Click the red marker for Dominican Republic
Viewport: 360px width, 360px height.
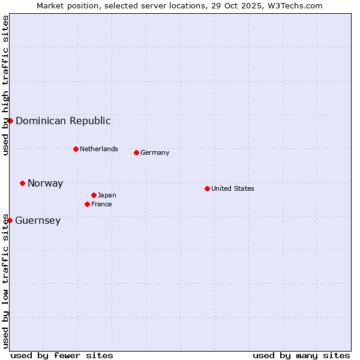(10, 121)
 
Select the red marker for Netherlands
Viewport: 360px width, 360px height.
(76, 149)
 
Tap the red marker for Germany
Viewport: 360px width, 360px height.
(136, 152)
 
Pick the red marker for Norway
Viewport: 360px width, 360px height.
(22, 183)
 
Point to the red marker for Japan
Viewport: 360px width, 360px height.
(94, 195)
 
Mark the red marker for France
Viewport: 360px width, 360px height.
(87, 204)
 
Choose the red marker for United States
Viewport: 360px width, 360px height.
(207, 188)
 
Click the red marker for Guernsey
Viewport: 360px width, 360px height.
(10, 220)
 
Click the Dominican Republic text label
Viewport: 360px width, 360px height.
(63, 121)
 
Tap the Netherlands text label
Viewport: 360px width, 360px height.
(98, 149)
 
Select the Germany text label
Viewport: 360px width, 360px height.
(155, 152)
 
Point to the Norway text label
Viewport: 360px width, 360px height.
(45, 184)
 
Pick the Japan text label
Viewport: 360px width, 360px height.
(107, 195)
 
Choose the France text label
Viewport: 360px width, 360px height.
(101, 204)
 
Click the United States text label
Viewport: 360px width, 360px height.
(232, 188)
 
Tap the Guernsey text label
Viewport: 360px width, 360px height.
(38, 221)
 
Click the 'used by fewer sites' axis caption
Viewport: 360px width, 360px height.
(62, 355)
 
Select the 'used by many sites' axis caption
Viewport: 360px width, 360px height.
(301, 355)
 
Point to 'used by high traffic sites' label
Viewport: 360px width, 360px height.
(5, 85)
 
